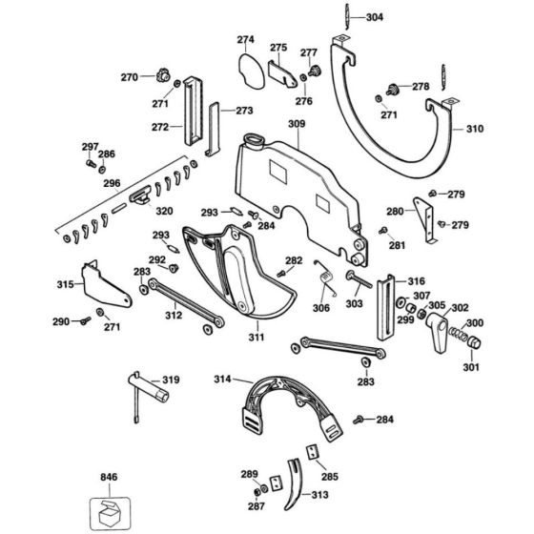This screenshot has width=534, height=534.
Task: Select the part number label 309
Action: click(297, 123)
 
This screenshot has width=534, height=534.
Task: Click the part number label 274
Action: click(246, 40)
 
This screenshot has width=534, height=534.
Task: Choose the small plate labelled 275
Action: click(283, 72)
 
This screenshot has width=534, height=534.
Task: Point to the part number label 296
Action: click(86, 183)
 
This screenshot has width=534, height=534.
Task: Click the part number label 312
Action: click(173, 314)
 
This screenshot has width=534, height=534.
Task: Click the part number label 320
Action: click(164, 211)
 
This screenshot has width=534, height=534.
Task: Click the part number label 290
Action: click(61, 321)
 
